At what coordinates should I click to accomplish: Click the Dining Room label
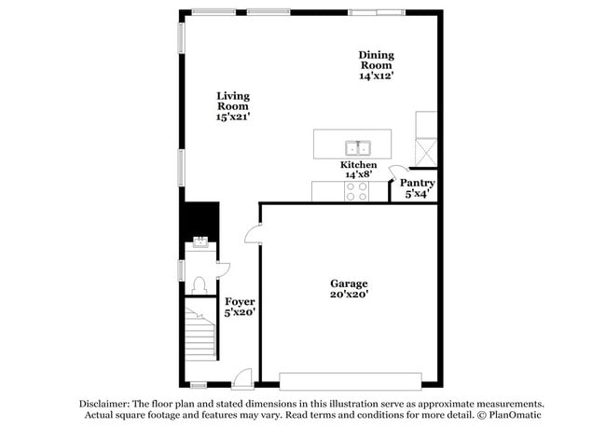click(377, 60)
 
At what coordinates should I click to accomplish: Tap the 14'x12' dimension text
click(377, 76)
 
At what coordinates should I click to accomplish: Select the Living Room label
click(233, 101)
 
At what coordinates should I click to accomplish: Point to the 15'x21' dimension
click(233, 117)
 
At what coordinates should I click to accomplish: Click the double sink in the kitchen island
click(357, 147)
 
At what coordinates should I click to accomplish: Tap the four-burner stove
click(356, 191)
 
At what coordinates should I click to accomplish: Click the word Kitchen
click(358, 165)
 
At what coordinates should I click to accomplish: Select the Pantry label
click(417, 183)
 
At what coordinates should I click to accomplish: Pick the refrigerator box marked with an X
click(426, 150)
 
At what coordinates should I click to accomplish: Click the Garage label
click(349, 283)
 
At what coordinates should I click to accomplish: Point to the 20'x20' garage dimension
click(349, 295)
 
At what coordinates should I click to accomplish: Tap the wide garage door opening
click(349, 380)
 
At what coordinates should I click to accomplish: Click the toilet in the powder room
click(197, 283)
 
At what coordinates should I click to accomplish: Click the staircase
click(199, 336)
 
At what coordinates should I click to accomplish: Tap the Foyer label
click(240, 302)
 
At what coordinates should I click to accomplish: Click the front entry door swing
click(242, 377)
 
